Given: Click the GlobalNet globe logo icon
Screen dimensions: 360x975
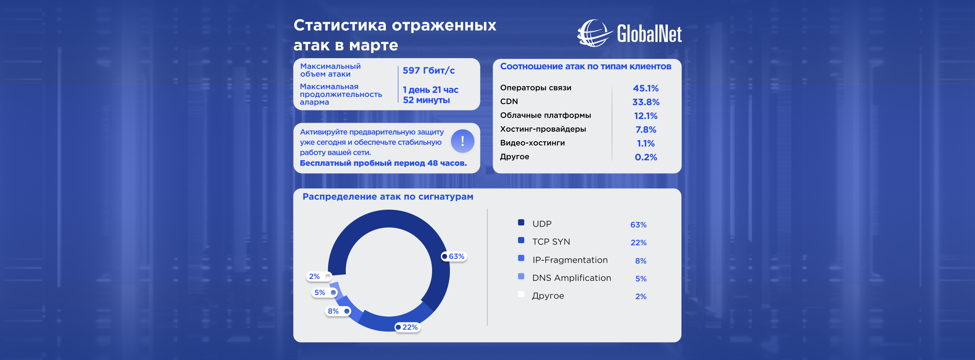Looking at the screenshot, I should (594, 33).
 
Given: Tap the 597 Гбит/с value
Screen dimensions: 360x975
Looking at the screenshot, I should (429, 71).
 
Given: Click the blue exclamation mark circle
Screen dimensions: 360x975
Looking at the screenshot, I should (462, 141).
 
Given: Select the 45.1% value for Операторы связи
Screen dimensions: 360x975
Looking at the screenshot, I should (645, 88).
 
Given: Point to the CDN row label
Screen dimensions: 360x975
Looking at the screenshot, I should (509, 102).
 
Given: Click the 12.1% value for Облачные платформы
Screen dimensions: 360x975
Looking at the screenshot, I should (645, 116).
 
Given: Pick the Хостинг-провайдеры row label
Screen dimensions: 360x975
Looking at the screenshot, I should (543, 129).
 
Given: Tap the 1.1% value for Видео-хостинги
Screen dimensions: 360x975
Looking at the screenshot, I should (645, 144).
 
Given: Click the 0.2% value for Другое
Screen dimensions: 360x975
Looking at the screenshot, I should (645, 157).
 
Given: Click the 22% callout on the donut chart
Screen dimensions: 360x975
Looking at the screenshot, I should (408, 327).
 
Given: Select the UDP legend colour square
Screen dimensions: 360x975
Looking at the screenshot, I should (521, 223).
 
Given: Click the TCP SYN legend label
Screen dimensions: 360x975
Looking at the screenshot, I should (551, 242).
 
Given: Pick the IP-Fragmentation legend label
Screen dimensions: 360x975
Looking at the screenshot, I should (570, 260).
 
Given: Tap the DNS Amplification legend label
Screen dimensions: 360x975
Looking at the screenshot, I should (571, 278).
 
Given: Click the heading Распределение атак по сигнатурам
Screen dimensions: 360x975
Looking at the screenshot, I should (388, 197).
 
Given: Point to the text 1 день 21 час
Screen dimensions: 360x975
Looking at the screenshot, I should (431, 90).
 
